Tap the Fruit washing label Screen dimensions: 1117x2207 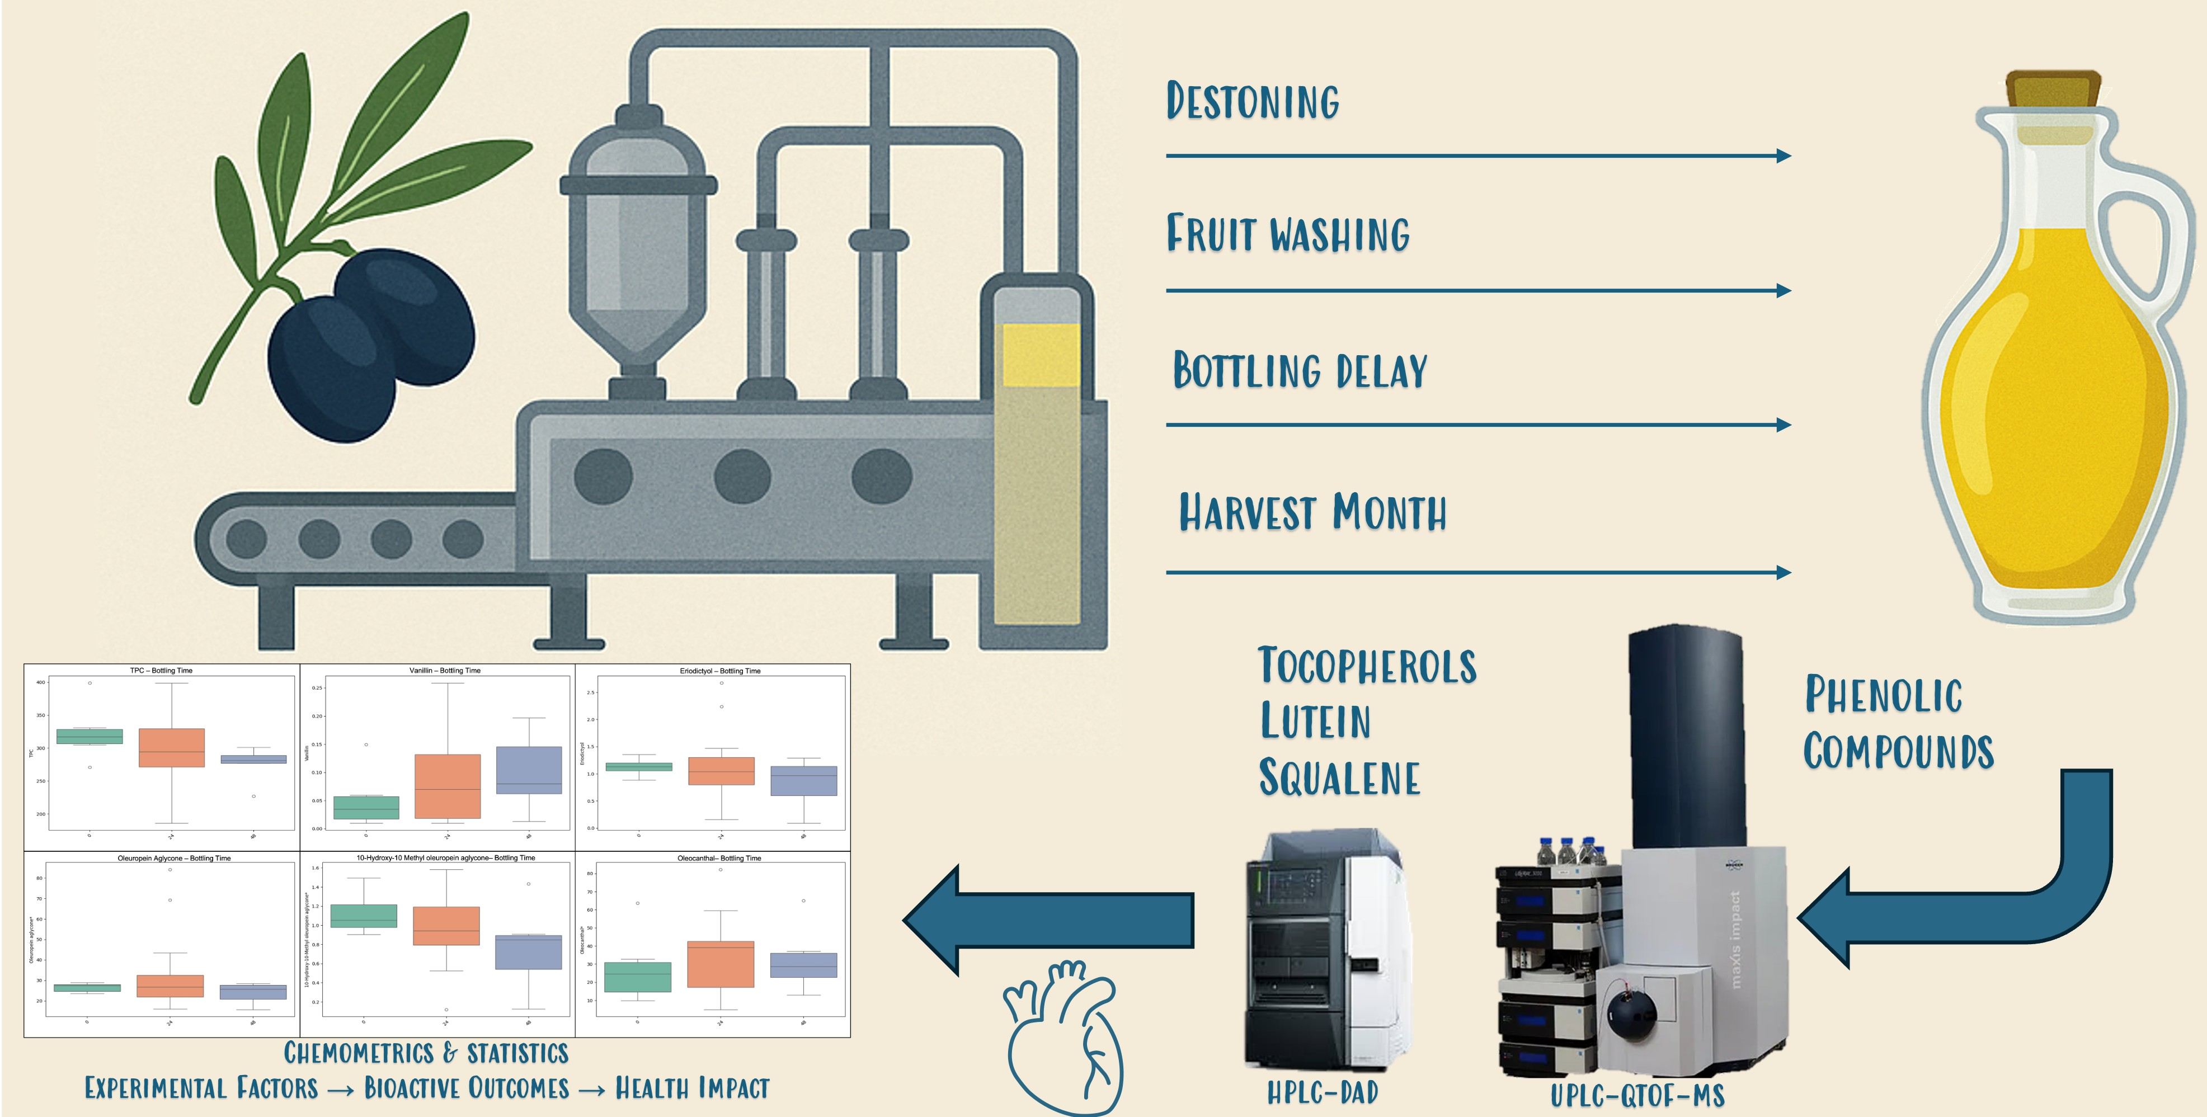tap(1288, 234)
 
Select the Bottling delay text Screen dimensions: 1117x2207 tap(1300, 370)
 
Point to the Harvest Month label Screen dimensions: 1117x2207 tap(1312, 512)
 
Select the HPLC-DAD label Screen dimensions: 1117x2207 tap(1322, 1092)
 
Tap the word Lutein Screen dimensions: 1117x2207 tap(1315, 720)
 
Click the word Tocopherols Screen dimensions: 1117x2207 tap(1367, 666)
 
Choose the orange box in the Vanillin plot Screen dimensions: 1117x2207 tap(447, 785)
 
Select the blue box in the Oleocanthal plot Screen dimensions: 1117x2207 tap(803, 964)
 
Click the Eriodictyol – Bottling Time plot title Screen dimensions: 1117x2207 tap(719, 671)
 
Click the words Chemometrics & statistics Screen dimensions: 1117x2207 tap(426, 1053)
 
